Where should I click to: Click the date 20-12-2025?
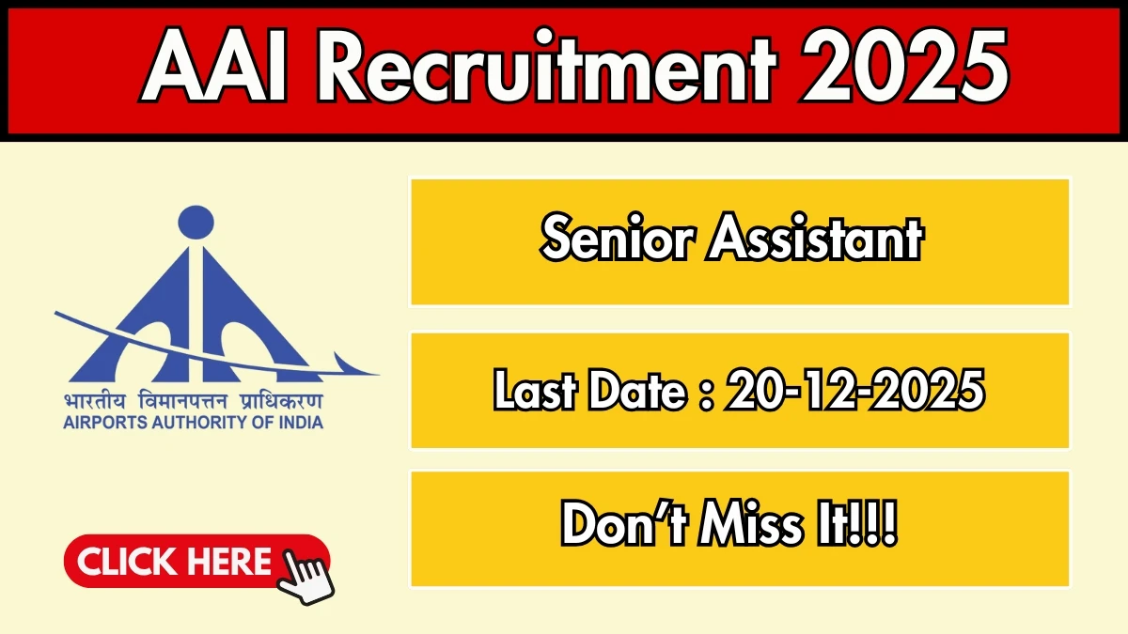[854, 390]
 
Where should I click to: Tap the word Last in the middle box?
[531, 390]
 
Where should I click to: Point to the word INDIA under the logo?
[299, 422]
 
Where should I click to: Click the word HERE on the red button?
[227, 562]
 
